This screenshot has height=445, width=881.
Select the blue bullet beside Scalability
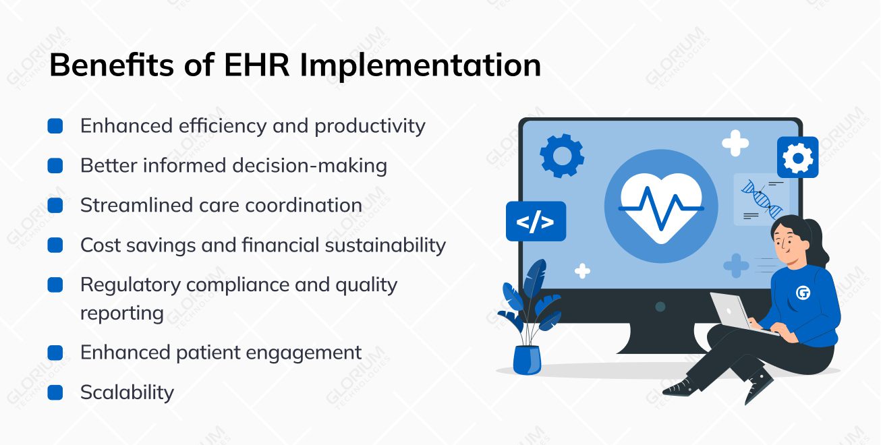pos(55,392)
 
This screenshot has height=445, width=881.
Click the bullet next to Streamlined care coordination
pos(55,206)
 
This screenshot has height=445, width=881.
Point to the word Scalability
pos(127,392)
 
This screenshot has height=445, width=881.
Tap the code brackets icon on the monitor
pos(536,222)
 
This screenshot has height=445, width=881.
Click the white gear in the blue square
pos(797,158)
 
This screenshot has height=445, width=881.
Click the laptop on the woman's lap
pos(737,314)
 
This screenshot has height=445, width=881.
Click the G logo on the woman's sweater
pos(803,293)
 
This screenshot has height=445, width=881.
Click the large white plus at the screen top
pos(735,143)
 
